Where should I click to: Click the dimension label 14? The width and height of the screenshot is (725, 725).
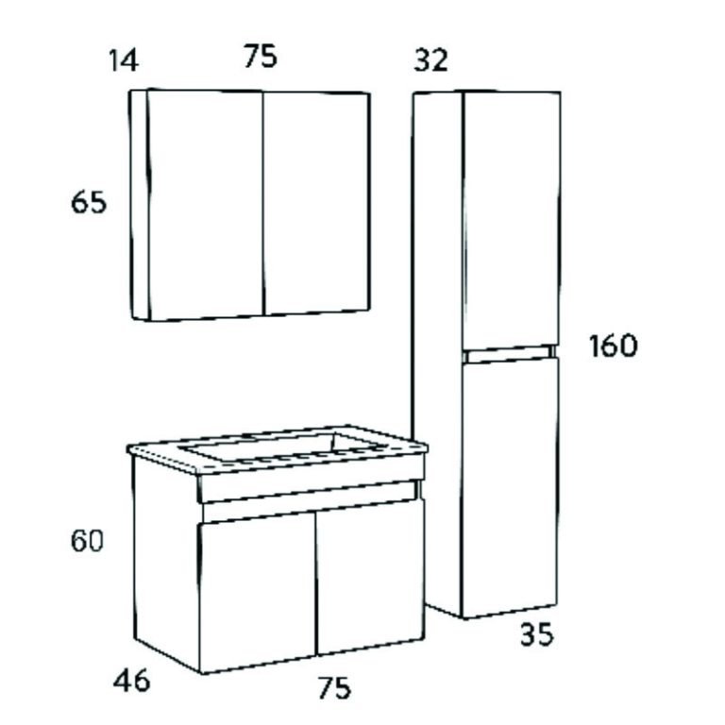(124, 60)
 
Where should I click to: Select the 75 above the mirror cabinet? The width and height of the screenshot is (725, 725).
(261, 56)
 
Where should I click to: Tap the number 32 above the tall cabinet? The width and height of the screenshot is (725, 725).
(430, 60)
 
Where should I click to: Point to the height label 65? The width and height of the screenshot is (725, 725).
(89, 203)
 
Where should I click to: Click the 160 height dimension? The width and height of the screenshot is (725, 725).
(613, 346)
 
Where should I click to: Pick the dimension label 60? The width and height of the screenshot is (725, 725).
(87, 541)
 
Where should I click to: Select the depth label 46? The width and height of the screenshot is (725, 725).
(132, 680)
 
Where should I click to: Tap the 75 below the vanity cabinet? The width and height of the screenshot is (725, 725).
(334, 687)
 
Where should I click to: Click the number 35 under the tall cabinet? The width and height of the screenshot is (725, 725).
(537, 634)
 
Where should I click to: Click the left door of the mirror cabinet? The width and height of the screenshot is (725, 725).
(205, 204)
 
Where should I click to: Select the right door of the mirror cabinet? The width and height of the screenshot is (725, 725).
(317, 203)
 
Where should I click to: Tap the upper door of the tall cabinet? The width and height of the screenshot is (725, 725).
(512, 221)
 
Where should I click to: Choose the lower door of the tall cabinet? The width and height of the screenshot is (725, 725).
(510, 488)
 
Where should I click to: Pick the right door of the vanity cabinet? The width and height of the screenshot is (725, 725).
(370, 577)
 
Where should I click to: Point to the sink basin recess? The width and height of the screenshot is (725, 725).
(284, 447)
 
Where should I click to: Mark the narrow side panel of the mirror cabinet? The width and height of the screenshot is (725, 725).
(140, 204)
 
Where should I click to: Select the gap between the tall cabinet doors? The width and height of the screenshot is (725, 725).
(510, 354)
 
